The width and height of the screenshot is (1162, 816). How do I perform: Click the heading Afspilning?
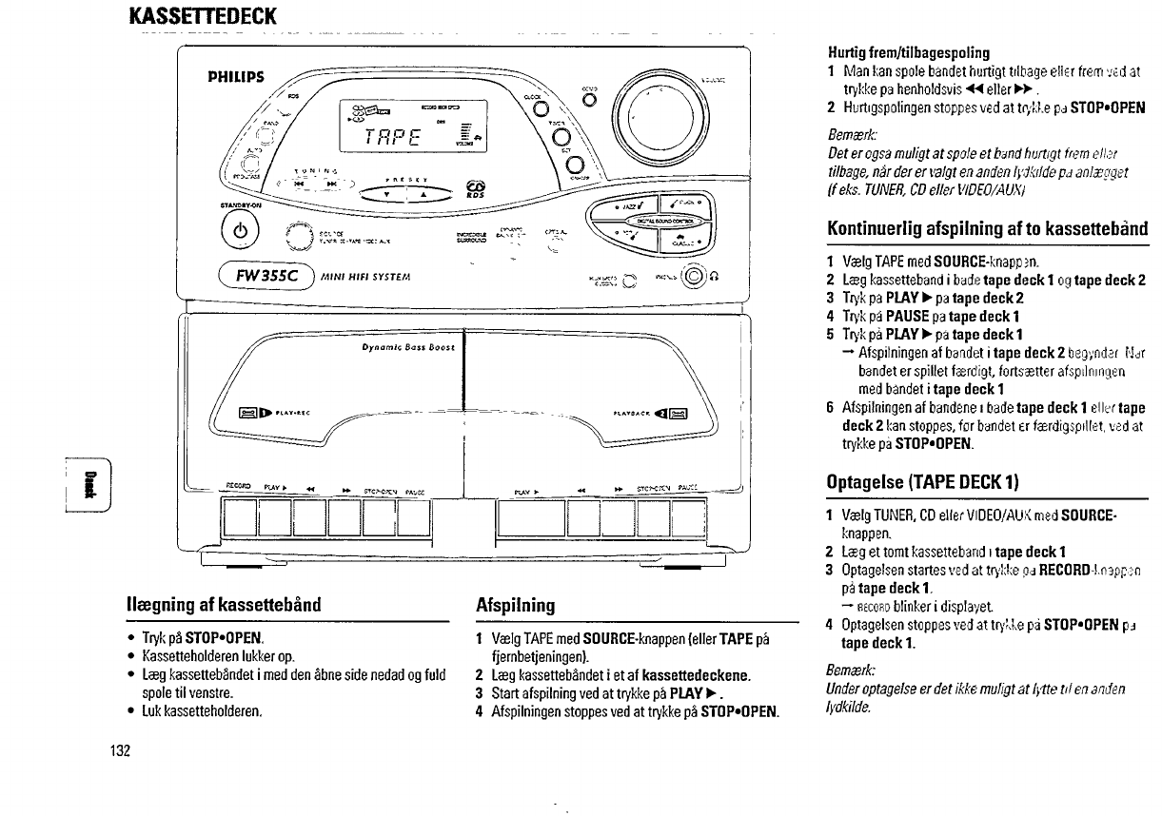515,605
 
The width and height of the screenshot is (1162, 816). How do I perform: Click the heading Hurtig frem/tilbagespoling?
895,52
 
